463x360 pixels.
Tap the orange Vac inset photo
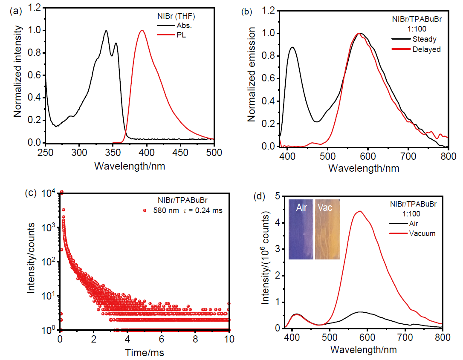click(x=327, y=229)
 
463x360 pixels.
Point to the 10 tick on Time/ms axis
click(x=229, y=341)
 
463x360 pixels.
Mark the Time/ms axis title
click(x=145, y=353)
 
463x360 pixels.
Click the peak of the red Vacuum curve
click(x=360, y=211)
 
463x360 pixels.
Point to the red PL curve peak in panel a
click(x=142, y=30)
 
